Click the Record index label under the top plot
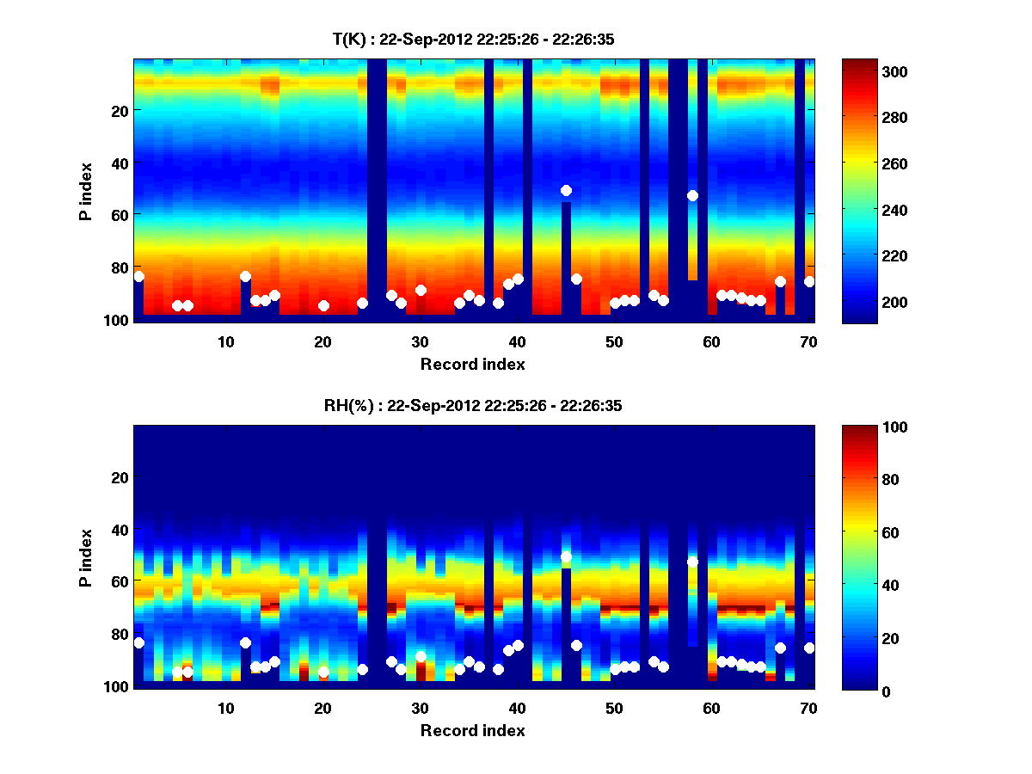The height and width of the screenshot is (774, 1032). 472,364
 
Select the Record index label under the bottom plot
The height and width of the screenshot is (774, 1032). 472,730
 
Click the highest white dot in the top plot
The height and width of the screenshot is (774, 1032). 566,190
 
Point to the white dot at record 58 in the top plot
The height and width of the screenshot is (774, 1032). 692,195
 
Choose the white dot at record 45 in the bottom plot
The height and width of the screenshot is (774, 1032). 566,556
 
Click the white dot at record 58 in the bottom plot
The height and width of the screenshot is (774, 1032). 692,562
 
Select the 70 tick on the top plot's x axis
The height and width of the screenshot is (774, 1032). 808,341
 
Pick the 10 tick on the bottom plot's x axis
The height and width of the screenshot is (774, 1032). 225,707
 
